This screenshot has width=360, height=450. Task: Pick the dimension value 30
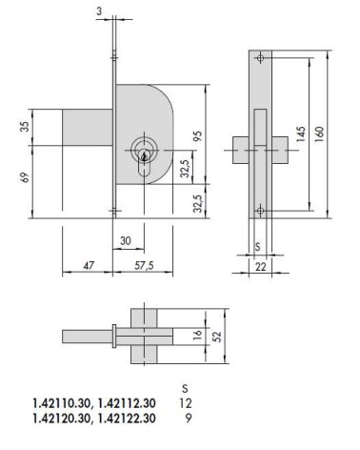point(124,241)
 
